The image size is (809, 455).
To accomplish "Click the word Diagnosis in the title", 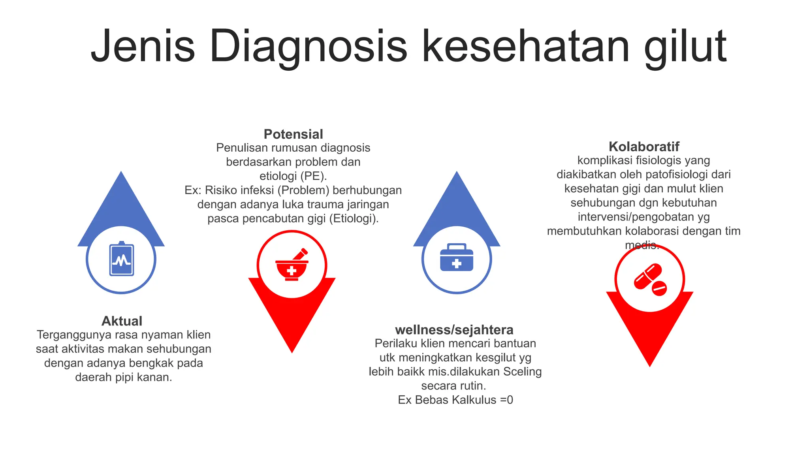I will click(308, 47).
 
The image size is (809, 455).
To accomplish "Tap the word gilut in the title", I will click(685, 47).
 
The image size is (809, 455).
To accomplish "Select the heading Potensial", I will click(293, 134).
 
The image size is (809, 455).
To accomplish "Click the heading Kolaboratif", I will click(644, 147).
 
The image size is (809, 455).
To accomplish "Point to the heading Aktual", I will click(122, 321).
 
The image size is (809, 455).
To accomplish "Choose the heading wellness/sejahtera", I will click(454, 330).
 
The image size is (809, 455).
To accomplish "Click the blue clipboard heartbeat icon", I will click(121, 259).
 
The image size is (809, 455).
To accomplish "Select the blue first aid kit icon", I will click(457, 258).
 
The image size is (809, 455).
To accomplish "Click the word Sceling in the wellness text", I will click(522, 372).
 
